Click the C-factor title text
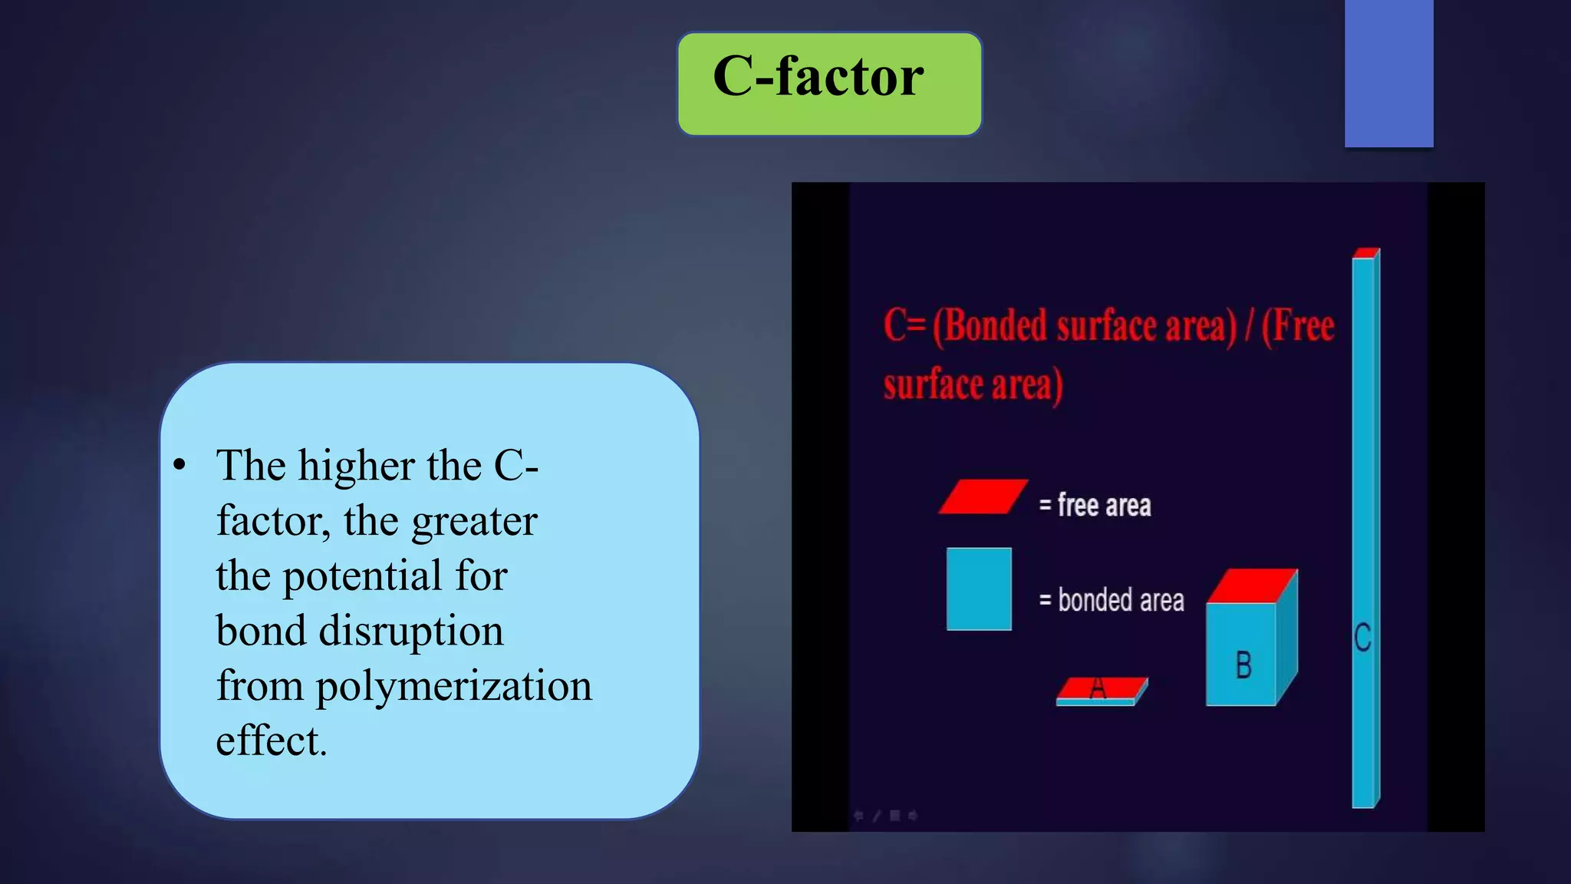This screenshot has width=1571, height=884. (818, 77)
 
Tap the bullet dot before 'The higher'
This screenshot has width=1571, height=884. (179, 465)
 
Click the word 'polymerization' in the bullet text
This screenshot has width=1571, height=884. (453, 686)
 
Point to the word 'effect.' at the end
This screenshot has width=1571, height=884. (272, 741)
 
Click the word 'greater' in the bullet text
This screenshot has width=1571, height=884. (474, 522)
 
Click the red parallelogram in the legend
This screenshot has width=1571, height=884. (983, 496)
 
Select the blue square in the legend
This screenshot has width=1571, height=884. (979, 589)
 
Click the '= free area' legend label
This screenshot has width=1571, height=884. (1095, 506)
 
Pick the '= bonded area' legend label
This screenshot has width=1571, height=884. (1111, 600)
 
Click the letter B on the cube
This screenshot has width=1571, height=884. (1243, 665)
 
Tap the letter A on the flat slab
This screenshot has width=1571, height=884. (1098, 688)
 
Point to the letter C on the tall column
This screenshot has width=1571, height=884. (1362, 638)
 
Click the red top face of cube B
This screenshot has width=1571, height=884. (1252, 585)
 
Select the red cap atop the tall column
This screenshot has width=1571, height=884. (1365, 253)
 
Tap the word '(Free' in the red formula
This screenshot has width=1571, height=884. (1298, 325)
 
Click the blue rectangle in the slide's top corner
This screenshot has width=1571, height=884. (1388, 73)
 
